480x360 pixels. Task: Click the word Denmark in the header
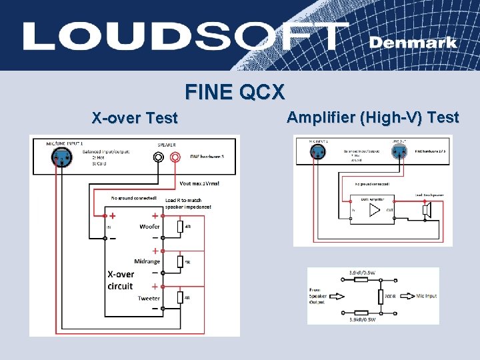pos(413,42)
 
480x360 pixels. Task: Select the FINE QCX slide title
pos(235,91)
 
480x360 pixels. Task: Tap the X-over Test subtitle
pos(135,119)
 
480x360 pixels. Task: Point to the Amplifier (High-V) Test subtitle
pos(373,118)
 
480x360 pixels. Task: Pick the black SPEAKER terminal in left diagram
pos(158,158)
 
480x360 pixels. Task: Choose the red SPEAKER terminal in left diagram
pos(175,158)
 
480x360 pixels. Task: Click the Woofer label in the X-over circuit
pos(149,227)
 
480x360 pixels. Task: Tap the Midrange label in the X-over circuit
pos(147,261)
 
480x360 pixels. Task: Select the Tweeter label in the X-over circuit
pos(149,298)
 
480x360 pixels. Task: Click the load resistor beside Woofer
pos(180,227)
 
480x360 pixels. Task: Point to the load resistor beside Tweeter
pos(180,298)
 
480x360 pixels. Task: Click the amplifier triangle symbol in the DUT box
pos(374,210)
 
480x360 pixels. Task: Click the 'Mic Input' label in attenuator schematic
pos(426,295)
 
